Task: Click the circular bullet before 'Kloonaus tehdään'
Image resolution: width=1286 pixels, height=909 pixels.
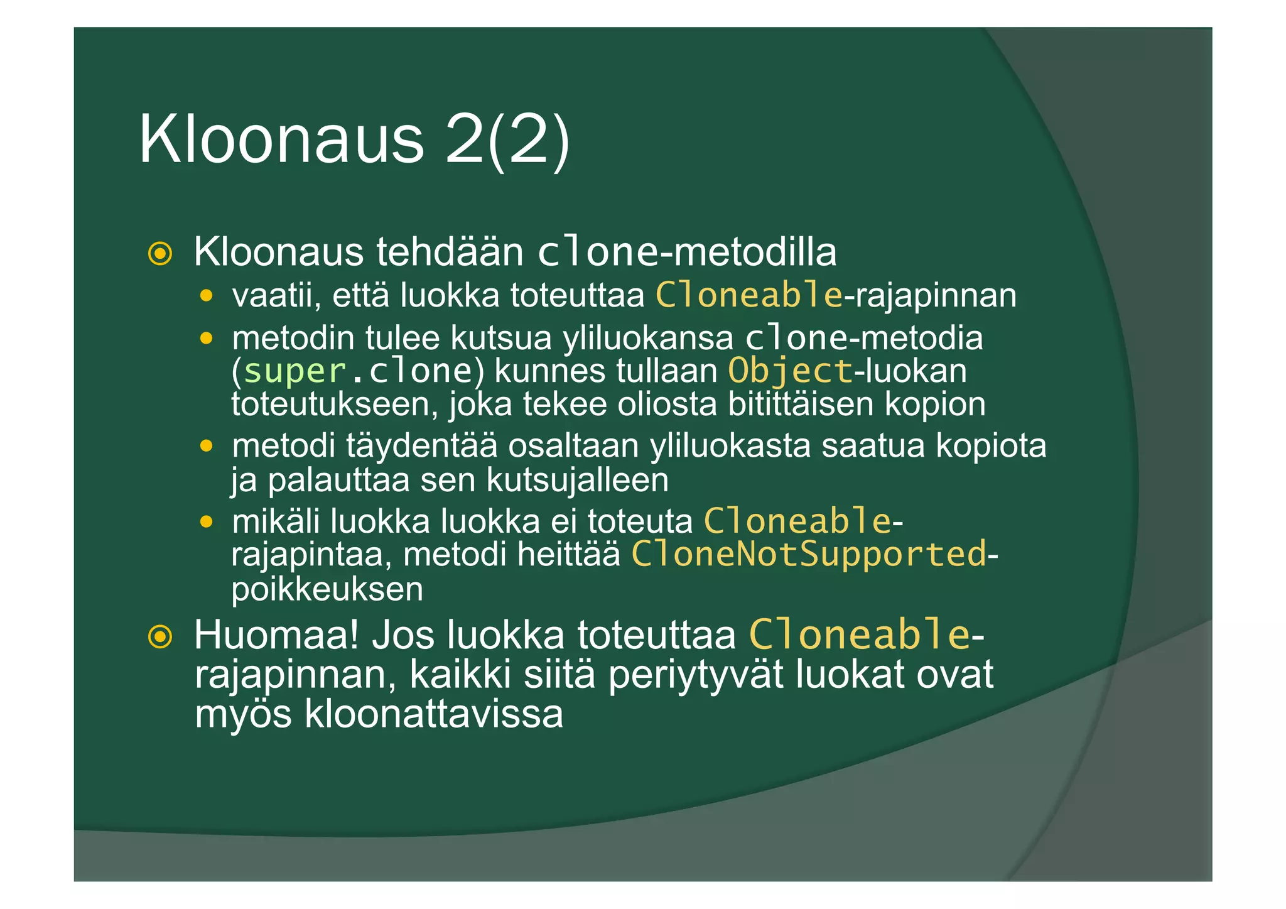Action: pos(160,254)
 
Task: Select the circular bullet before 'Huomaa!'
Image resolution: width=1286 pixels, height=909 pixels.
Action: pos(160,637)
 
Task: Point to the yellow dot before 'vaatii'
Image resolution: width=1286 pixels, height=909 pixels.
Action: pos(206,295)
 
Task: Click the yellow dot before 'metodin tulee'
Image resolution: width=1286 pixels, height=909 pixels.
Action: pos(206,339)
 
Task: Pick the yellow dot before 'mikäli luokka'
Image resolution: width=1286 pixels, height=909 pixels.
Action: pos(206,522)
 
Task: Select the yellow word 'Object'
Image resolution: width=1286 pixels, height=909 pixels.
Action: pos(790,371)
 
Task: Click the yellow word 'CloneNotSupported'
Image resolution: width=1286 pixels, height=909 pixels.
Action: pos(809,555)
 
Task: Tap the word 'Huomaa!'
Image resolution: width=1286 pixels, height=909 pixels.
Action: pos(276,635)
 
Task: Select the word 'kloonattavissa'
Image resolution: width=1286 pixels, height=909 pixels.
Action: pos(433,714)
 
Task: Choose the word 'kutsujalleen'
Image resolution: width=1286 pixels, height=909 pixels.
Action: pos(578,481)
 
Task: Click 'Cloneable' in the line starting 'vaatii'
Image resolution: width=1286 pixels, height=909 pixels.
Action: pos(749,295)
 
